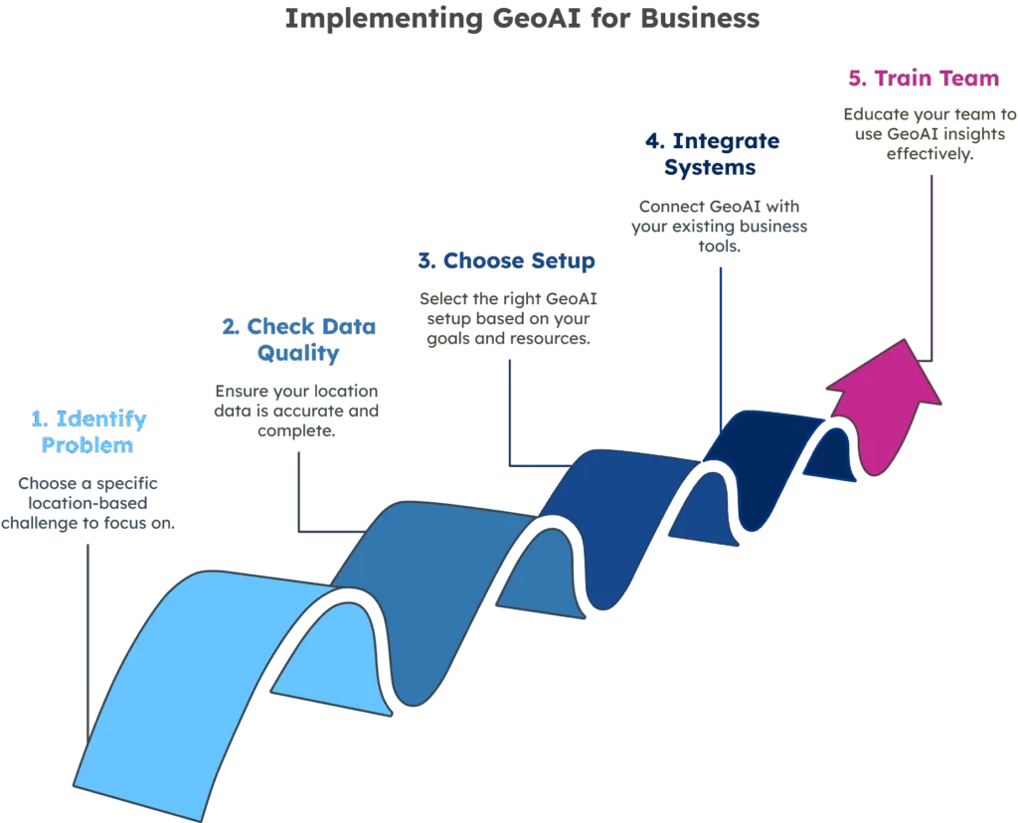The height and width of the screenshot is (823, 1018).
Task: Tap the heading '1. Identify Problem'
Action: point(88,431)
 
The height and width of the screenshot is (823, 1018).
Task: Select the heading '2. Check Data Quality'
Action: point(298,339)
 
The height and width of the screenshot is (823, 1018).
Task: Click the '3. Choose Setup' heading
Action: point(506,261)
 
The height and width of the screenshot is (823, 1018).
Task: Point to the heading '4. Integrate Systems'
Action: point(710,153)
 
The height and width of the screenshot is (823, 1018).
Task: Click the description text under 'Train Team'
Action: point(910,134)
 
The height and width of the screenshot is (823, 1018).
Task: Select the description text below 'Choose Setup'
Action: point(506,318)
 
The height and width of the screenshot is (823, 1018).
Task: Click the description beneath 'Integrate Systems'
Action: point(720,224)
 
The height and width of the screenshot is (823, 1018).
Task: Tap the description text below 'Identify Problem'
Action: point(92,503)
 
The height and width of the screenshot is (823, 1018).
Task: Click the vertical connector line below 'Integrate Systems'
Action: point(720,338)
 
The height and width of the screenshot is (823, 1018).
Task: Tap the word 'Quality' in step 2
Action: point(298,353)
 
